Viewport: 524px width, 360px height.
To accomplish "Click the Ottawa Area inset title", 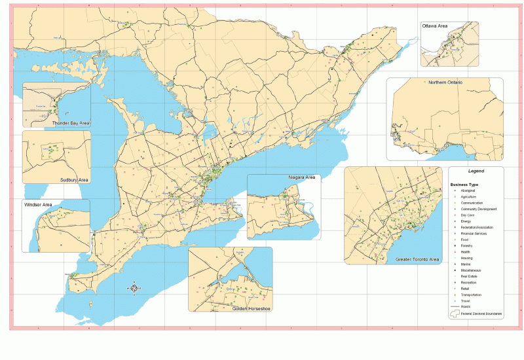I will (x=435, y=26).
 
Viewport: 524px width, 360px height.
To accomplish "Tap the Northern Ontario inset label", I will (x=445, y=82).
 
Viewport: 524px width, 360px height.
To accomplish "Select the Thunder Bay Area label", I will (x=71, y=122).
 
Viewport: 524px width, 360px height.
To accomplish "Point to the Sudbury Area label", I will (x=74, y=179).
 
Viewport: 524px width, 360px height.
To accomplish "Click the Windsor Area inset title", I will (x=39, y=205).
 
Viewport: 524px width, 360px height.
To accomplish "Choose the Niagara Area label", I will (x=302, y=177).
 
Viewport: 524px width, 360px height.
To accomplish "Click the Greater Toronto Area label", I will (x=417, y=260).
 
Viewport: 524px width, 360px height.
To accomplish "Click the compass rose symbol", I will (x=134, y=287).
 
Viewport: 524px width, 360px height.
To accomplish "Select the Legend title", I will (x=476, y=170).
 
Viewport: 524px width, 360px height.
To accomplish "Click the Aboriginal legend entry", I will (x=468, y=190).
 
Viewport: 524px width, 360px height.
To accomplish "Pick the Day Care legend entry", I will (x=468, y=215).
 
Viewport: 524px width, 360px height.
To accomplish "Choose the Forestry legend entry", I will (x=468, y=245).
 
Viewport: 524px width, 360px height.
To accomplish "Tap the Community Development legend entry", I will (x=479, y=209).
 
